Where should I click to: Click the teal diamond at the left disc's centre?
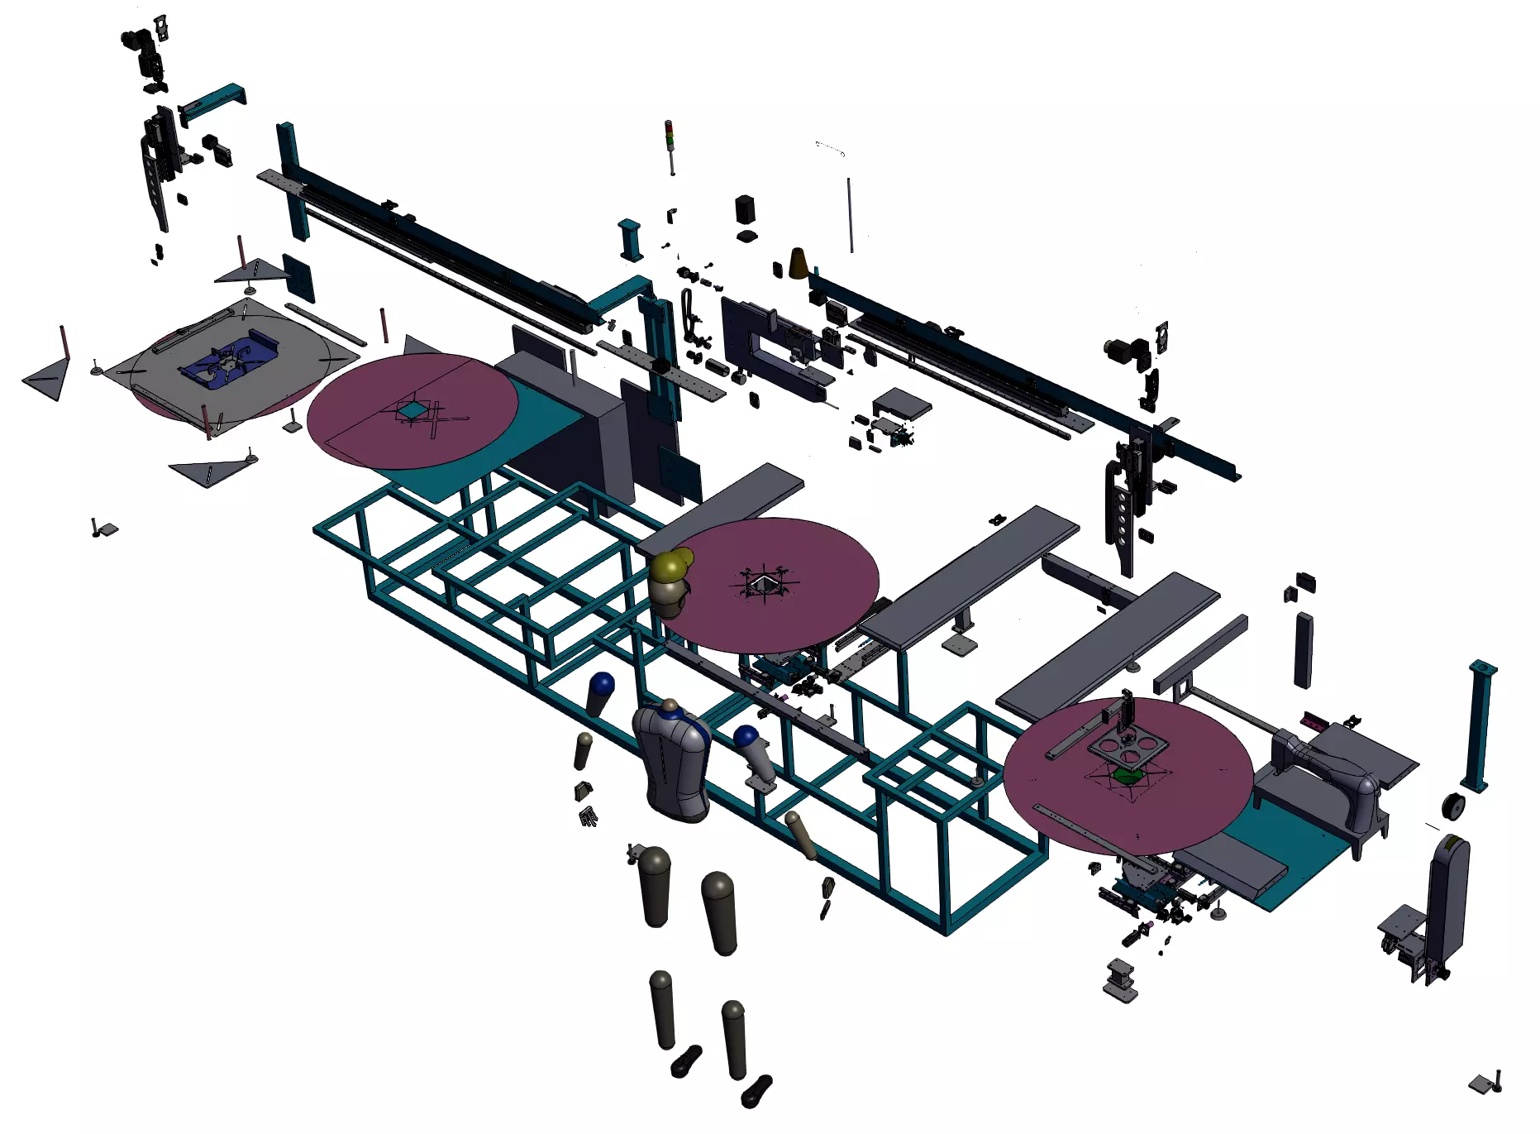coord(410,409)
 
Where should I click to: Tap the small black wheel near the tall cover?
coord(1452,806)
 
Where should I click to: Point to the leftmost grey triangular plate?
coord(46,380)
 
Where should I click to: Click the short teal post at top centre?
coord(630,241)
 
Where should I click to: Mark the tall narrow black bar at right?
coord(1304,649)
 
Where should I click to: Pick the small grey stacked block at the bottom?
coord(1120,981)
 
